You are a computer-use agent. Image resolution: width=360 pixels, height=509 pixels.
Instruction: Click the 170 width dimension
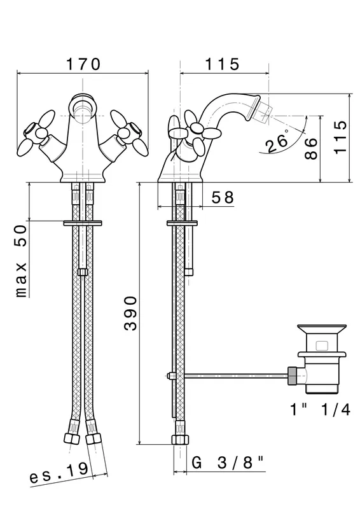coord(83,64)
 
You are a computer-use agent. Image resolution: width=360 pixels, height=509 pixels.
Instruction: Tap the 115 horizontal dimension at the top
coord(223,64)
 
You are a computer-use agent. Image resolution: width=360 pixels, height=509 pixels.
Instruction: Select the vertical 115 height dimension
coord(340,137)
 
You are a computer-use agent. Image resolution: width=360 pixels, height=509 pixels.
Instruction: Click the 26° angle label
coord(277,142)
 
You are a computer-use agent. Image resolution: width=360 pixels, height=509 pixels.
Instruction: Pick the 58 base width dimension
coord(223,197)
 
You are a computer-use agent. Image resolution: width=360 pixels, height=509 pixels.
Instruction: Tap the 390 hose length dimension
coord(130,313)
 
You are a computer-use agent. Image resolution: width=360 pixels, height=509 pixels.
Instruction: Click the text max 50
coord(22,261)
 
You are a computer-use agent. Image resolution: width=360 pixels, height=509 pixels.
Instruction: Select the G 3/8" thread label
coord(227,463)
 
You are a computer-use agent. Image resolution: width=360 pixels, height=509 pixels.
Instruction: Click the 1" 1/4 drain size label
coord(320,410)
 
